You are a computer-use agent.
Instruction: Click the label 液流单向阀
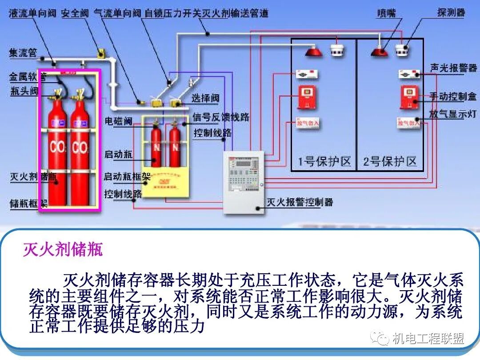click(x=33, y=13)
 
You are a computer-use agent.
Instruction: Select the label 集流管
click(x=23, y=53)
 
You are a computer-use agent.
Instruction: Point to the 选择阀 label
click(x=205, y=98)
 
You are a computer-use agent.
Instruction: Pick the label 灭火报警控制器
click(x=300, y=203)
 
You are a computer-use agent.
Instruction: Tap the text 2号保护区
click(x=390, y=161)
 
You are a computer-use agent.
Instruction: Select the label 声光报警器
click(x=453, y=68)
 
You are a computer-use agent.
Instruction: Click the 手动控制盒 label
click(x=453, y=96)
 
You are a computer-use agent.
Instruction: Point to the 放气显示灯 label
click(x=453, y=113)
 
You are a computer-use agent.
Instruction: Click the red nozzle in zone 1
click(x=314, y=52)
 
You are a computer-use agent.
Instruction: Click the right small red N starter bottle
click(x=175, y=147)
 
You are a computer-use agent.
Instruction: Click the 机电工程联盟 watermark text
click(x=428, y=339)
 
